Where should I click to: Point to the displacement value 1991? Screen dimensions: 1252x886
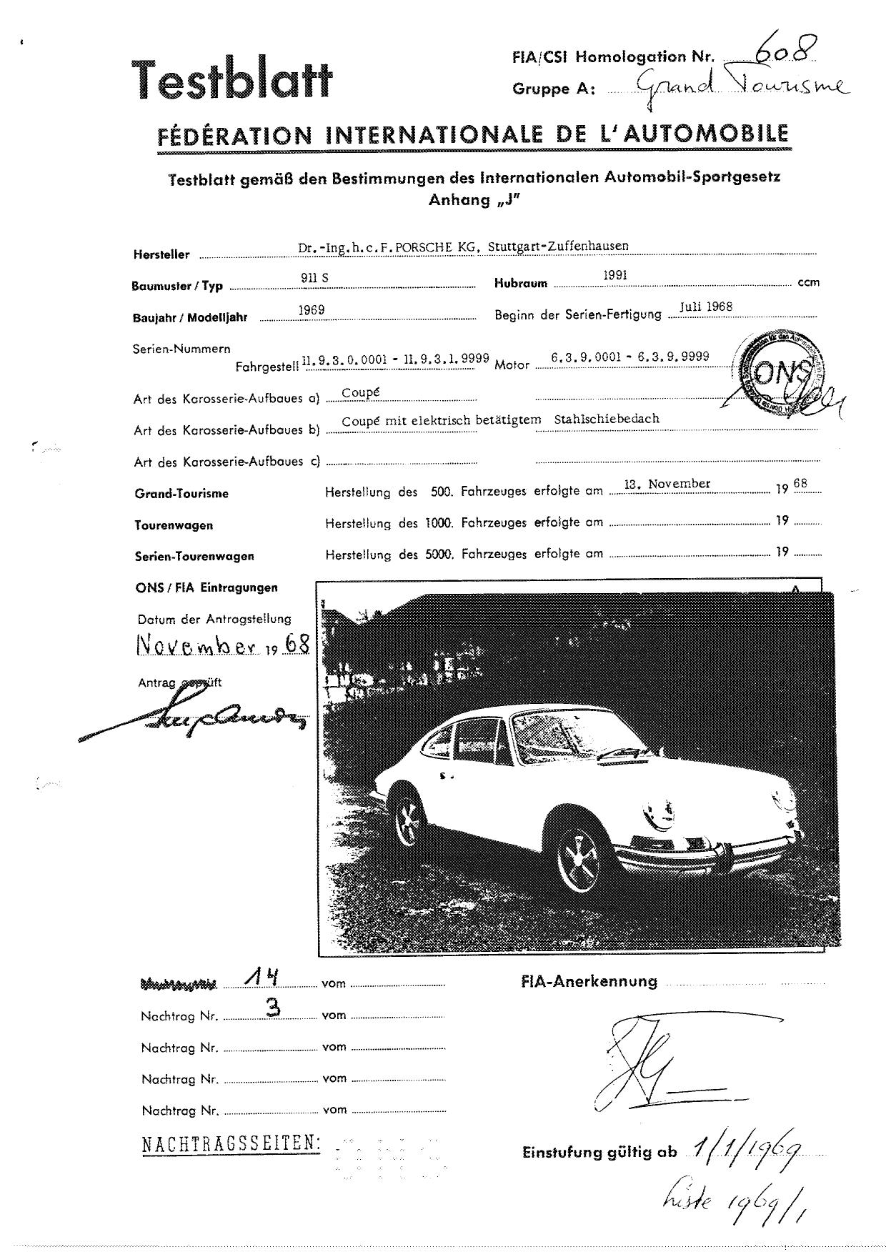[x=615, y=274]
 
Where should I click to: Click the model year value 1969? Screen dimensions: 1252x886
[x=312, y=309]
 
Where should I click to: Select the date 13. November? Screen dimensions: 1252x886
[x=667, y=484]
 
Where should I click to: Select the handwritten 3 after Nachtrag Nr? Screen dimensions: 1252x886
[x=272, y=1008]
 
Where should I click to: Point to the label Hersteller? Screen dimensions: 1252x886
[x=161, y=254]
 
